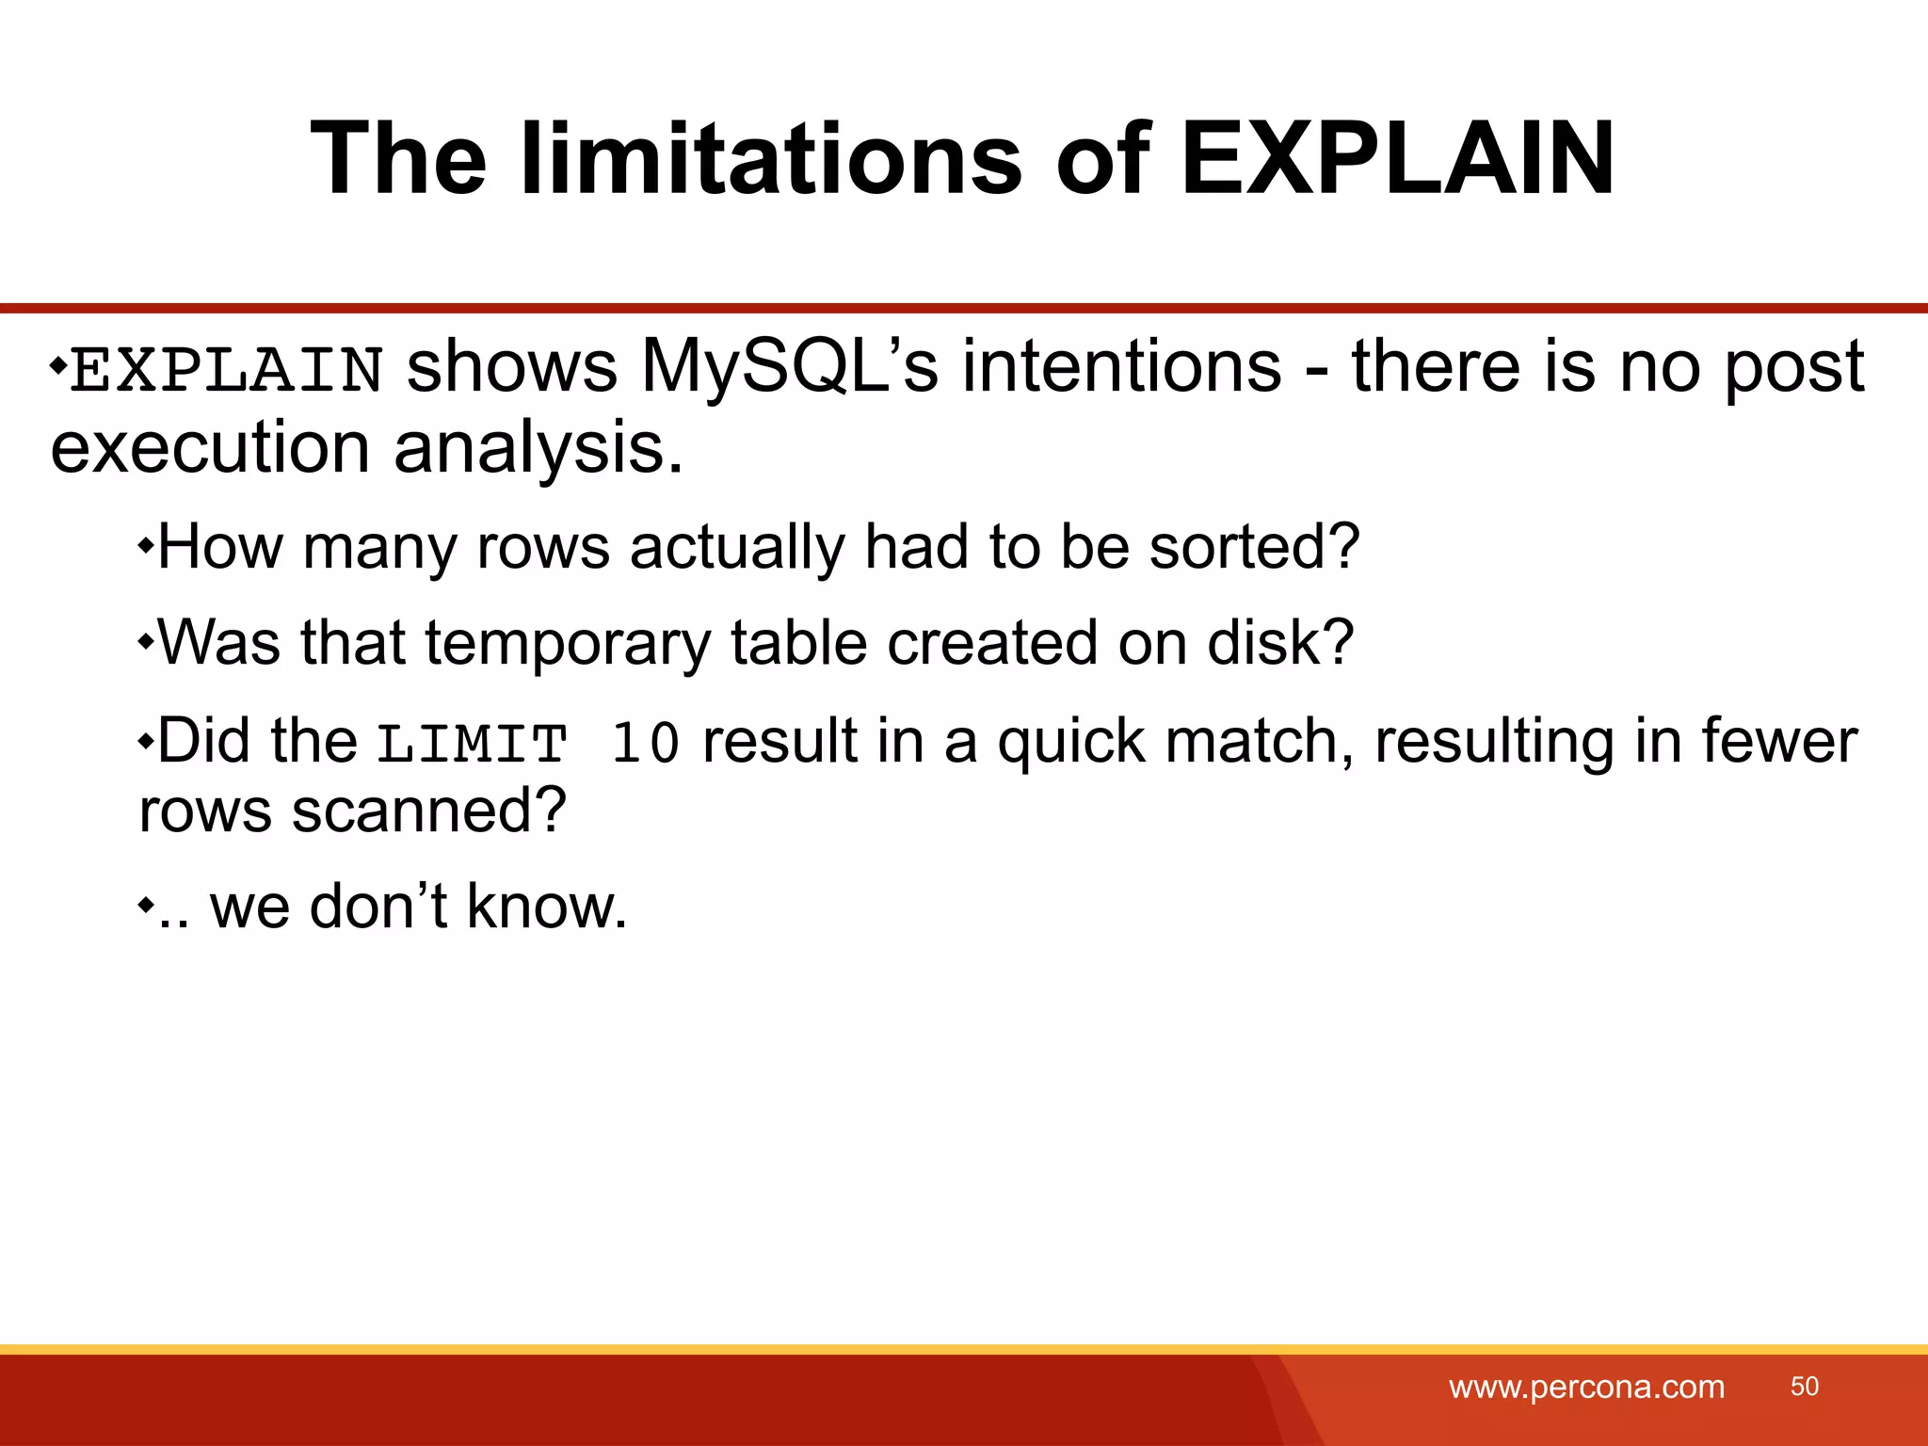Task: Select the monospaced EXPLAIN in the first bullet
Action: [x=227, y=369]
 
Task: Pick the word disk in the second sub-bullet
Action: [x=1279, y=643]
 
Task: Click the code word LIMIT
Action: [x=473, y=744]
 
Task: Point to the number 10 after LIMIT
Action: [x=646, y=744]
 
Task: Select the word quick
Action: [x=1071, y=742]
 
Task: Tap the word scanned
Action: [x=428, y=811]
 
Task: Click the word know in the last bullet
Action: [x=546, y=908]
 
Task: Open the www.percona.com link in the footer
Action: [x=1586, y=1387]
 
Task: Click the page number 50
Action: [x=1804, y=1386]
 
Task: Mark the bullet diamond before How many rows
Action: [x=146, y=545]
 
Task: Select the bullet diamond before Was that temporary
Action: [x=146, y=642]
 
